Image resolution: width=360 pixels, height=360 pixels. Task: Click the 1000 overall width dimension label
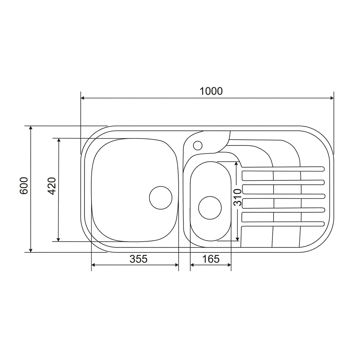pos(211,91)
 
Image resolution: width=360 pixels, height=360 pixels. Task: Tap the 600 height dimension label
pos(24,186)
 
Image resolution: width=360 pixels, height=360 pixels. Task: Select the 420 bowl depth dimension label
pos(52,186)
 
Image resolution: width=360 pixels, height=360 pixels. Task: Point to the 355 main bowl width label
pos(139,259)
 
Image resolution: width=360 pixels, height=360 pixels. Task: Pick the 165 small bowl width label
pos(211,259)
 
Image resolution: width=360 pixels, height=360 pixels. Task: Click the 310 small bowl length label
pos(237,198)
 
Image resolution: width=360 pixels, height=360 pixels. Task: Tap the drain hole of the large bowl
pos(160,198)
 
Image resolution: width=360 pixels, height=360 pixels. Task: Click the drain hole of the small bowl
pos(210,208)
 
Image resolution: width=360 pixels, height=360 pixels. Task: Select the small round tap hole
pos(198,146)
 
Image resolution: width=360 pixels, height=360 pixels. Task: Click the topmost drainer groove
pos(283,169)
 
